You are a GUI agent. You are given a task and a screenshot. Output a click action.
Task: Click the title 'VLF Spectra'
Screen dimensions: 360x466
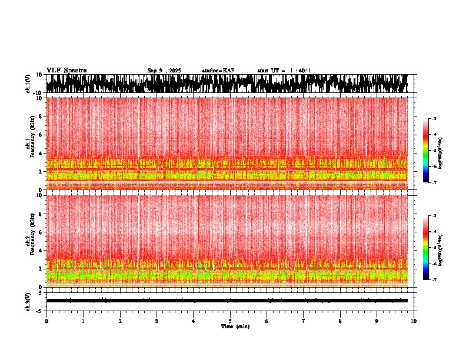pyautogui.click(x=66, y=71)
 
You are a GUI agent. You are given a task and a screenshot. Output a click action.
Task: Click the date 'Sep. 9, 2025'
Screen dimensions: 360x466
pyautogui.click(x=164, y=71)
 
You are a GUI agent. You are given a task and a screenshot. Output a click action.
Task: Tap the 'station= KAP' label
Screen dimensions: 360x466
pyautogui.click(x=218, y=71)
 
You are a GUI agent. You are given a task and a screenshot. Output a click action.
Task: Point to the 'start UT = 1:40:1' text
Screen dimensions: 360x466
pyautogui.click(x=284, y=71)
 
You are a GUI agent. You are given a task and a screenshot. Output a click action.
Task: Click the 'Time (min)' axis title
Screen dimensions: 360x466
pyautogui.click(x=230, y=326)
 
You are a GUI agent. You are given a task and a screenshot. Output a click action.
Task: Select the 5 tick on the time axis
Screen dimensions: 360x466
pyautogui.click(x=230, y=321)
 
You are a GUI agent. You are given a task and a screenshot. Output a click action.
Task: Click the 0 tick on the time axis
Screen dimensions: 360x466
pyautogui.click(x=46, y=321)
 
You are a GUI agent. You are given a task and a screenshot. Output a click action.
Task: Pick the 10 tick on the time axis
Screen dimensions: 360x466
pyautogui.click(x=414, y=321)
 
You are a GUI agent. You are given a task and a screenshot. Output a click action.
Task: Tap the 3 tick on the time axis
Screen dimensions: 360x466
pyautogui.click(x=157, y=321)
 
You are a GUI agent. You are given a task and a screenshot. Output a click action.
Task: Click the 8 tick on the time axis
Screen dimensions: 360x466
pyautogui.click(x=340, y=321)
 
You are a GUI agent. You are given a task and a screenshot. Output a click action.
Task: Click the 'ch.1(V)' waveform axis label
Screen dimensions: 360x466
pyautogui.click(x=28, y=84)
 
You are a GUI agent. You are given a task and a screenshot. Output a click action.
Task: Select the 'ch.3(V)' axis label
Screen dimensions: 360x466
pyautogui.click(x=28, y=301)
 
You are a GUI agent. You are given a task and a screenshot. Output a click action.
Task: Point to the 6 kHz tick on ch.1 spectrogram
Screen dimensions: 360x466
pyautogui.click(x=41, y=135)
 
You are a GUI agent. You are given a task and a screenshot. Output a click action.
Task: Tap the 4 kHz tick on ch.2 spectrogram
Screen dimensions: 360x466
pyautogui.click(x=41, y=250)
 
